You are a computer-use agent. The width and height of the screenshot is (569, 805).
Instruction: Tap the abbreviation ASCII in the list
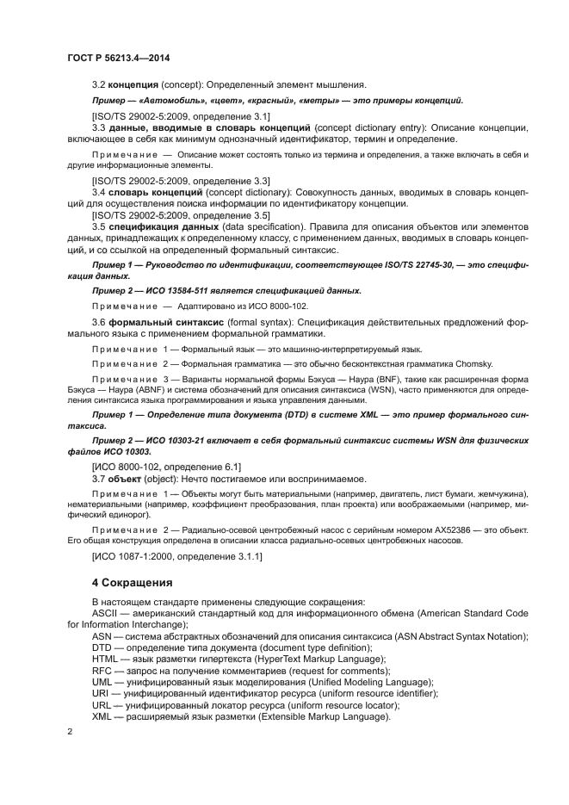tap(106, 613)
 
